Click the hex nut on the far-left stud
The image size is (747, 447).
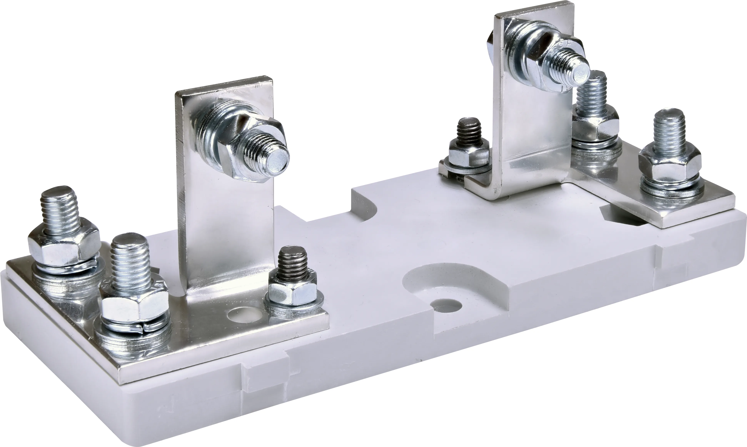point(64,246)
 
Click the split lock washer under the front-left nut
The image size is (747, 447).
point(134,327)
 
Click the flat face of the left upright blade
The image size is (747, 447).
point(226,229)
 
